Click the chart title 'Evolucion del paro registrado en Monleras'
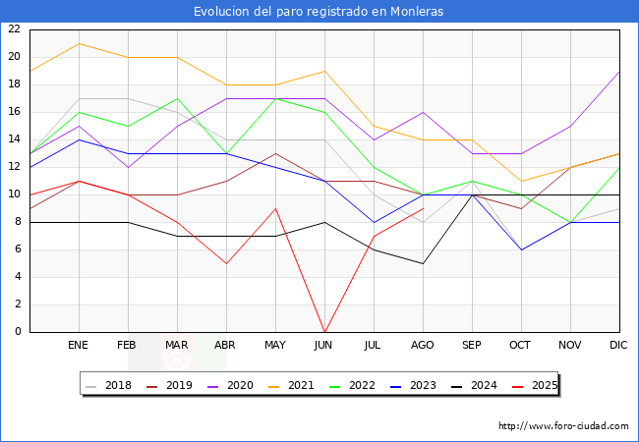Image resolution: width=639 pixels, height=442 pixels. point(319,12)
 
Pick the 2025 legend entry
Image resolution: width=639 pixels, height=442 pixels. point(535,385)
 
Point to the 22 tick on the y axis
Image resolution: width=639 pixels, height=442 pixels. point(14,29)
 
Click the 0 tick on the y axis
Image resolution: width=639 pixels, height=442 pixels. point(17,332)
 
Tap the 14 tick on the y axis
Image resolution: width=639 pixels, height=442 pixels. point(14,139)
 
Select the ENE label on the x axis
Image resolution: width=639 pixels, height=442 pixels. point(79,346)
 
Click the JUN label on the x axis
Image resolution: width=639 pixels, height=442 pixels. point(324,346)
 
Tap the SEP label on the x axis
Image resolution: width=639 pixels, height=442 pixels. point(472,346)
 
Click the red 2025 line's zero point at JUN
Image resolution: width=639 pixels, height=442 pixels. point(324,331)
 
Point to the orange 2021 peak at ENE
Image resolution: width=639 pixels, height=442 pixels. point(79,43)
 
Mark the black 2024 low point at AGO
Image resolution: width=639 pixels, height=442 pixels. point(423,263)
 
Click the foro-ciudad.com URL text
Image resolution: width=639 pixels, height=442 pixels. point(563,426)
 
